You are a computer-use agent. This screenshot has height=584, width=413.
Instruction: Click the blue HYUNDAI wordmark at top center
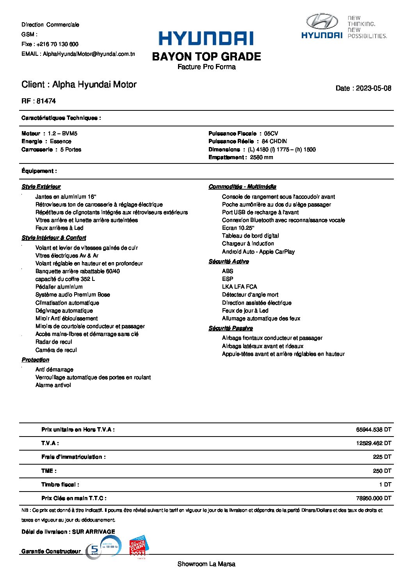(206, 39)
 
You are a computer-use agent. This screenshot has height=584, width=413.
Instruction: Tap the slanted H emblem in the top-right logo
(322, 21)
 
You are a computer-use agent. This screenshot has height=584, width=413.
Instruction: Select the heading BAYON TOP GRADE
(206, 57)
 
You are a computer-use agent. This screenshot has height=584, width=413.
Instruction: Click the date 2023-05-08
(373, 88)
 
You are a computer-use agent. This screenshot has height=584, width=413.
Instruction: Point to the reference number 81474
(46, 101)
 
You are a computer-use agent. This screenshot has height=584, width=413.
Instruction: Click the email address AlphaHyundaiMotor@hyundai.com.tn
(89, 54)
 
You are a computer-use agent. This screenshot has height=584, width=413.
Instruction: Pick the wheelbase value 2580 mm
(262, 157)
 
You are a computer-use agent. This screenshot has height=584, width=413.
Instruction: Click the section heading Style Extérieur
(41, 186)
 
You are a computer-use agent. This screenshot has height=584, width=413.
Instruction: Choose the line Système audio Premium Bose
(73, 295)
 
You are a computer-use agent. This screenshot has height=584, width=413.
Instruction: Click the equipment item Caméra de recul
(56, 350)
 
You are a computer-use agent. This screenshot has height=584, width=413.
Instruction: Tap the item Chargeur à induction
(248, 243)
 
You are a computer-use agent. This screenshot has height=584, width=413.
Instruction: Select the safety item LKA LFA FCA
(239, 287)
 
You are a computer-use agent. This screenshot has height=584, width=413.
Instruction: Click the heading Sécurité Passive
(230, 328)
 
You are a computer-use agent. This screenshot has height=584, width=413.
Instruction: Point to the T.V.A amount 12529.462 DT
(373, 443)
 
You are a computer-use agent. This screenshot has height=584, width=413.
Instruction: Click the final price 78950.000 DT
(373, 498)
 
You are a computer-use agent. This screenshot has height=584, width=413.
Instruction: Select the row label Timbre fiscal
(60, 485)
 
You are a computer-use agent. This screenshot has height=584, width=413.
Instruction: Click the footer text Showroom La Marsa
(206, 564)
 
